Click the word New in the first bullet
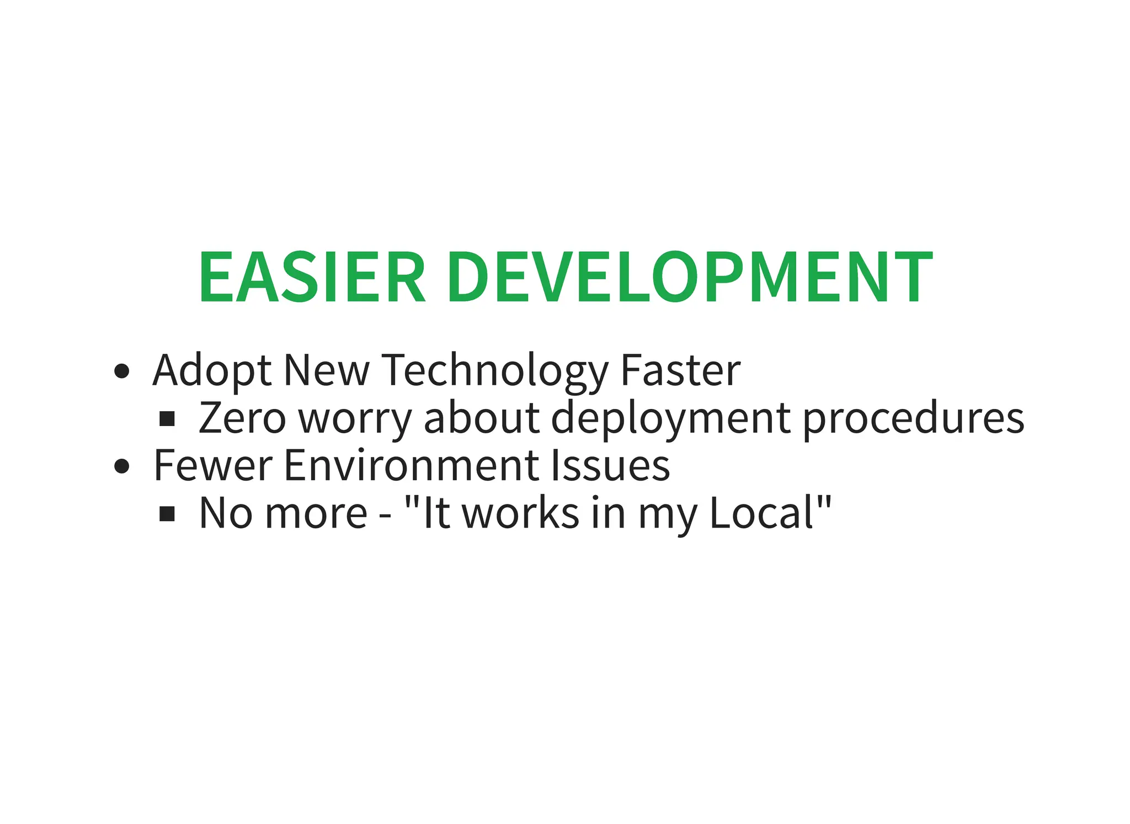pos(326,370)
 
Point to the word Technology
pos(495,371)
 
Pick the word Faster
pos(680,370)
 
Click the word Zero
pos(242,418)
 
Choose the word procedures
pos(913,418)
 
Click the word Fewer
pos(212,465)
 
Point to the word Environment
pos(411,465)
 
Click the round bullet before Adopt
pos(121,371)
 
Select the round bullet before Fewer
pos(121,466)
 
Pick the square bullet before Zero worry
pos(167,419)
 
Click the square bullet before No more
pos(167,514)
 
